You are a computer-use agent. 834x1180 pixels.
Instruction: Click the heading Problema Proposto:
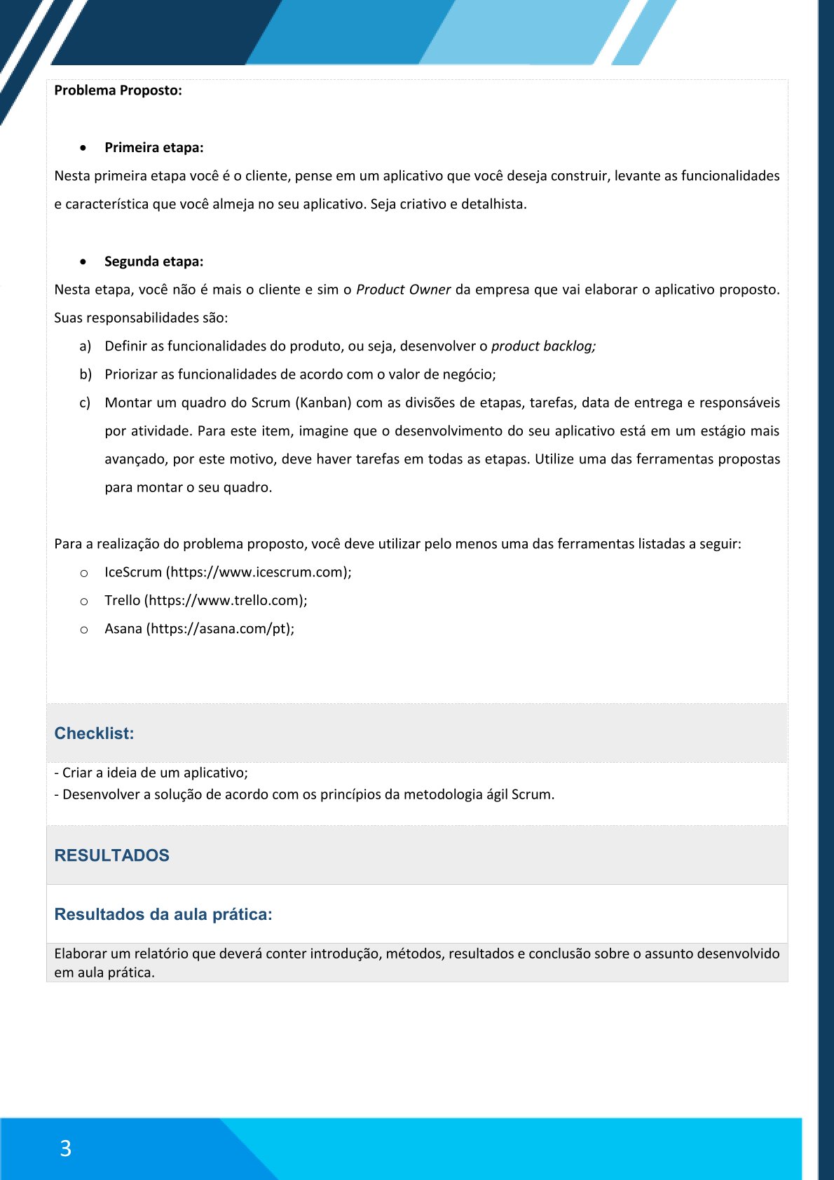click(118, 90)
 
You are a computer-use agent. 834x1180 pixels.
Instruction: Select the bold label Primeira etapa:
click(153, 147)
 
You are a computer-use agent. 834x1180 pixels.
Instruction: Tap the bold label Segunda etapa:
click(153, 262)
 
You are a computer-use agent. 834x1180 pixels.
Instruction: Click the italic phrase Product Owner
click(403, 290)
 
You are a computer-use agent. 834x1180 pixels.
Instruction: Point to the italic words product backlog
click(542, 346)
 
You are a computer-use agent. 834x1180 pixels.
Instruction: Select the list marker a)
click(85, 346)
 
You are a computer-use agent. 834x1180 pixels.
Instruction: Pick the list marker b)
click(85, 374)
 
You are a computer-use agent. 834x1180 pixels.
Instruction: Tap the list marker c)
click(85, 402)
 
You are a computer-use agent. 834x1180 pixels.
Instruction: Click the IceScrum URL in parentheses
click(258, 572)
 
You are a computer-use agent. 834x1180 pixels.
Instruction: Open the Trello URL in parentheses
click(225, 600)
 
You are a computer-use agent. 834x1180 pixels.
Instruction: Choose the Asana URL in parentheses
click(219, 629)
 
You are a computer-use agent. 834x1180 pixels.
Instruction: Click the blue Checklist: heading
click(94, 733)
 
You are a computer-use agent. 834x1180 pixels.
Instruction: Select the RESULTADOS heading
click(111, 855)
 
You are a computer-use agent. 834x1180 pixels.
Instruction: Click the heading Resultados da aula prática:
click(163, 914)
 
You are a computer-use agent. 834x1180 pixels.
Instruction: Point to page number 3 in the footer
click(65, 1148)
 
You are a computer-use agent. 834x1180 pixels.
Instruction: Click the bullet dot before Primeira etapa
click(84, 148)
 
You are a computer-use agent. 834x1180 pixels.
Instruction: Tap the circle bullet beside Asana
click(84, 630)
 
